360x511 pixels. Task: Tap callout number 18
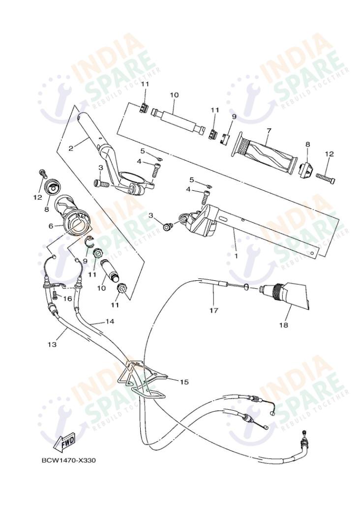[x=284, y=325]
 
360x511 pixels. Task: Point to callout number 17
[x=213, y=310]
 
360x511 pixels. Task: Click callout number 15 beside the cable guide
[x=184, y=381]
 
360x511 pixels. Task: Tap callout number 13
[x=52, y=345]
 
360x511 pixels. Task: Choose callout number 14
[x=109, y=321]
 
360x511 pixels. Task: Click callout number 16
[x=67, y=299]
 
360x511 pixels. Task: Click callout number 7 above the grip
[x=269, y=131]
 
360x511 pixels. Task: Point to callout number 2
[x=71, y=148]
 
